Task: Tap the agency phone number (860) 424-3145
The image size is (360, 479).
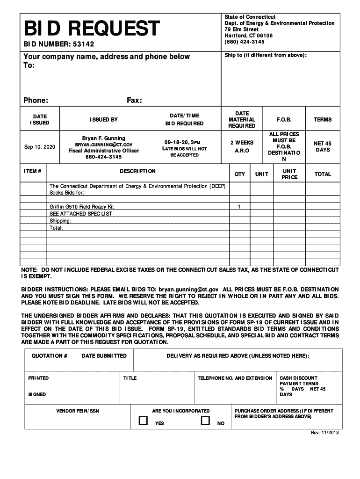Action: click(244, 42)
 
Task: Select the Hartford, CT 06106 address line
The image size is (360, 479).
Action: click(248, 36)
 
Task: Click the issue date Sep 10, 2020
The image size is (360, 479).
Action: click(40, 147)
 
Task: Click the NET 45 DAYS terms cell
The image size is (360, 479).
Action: click(323, 146)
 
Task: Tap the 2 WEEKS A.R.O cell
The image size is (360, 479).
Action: click(242, 146)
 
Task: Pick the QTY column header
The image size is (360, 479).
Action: click(239, 174)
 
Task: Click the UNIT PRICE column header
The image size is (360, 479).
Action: click(289, 174)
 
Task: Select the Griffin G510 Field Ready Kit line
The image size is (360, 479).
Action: click(82, 206)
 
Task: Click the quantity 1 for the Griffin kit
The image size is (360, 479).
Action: click(239, 206)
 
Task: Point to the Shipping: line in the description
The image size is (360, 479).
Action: click(60, 220)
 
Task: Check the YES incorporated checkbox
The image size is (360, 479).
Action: click(143, 421)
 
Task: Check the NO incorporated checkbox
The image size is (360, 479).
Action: click(205, 421)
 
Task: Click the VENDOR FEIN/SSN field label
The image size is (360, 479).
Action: click(78, 411)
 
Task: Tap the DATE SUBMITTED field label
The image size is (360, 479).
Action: click(104, 356)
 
